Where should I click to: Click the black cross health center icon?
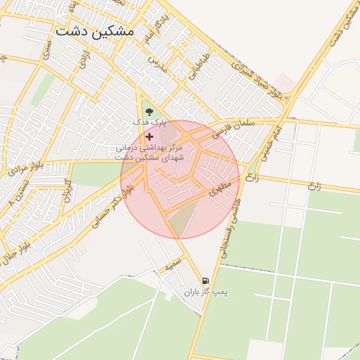149,136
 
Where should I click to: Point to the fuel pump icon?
205,280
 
